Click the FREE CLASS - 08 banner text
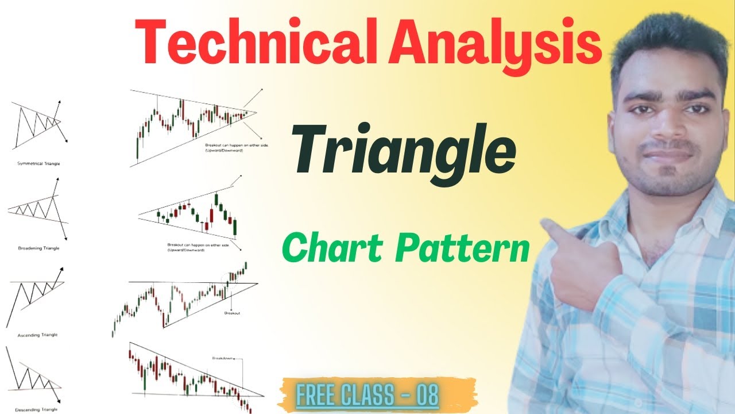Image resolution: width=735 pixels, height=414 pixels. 367,396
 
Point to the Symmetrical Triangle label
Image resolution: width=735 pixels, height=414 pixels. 38,163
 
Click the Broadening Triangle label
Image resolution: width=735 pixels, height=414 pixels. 38,248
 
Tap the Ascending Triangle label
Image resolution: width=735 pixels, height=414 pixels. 38,334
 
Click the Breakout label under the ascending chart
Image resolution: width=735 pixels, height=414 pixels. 232,313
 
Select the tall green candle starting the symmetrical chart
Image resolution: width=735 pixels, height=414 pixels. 138,147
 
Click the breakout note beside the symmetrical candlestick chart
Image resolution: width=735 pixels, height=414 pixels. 237,148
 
